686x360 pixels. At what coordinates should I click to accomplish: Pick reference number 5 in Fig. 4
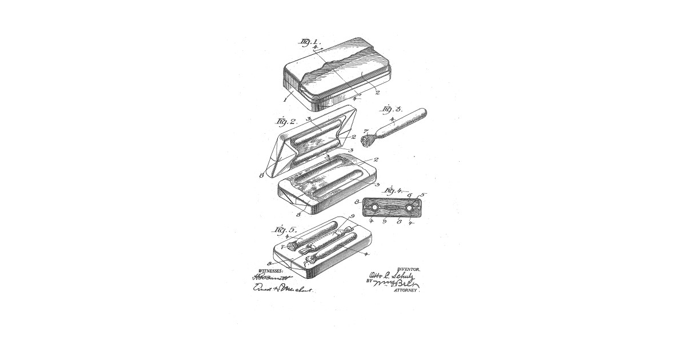point(422,194)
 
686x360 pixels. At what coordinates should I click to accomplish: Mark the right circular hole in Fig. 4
point(409,207)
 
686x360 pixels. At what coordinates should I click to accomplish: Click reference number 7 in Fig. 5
point(283,247)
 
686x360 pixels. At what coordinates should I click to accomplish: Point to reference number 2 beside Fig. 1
point(377,91)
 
